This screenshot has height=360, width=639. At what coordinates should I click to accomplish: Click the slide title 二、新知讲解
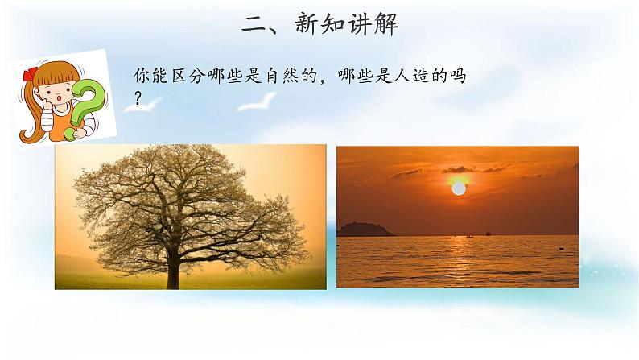point(319,24)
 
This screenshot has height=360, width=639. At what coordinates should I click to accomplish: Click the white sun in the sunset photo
point(458,189)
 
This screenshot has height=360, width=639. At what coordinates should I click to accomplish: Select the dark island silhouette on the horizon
point(365,230)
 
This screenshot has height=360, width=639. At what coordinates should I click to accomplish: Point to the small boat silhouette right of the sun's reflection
point(488,234)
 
